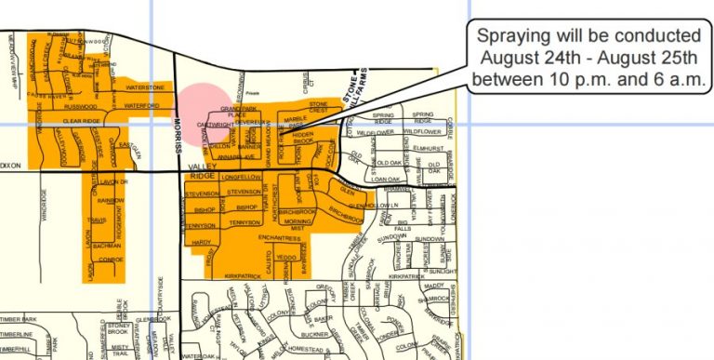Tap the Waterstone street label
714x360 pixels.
(x=144, y=87)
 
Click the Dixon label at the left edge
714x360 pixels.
(x=10, y=166)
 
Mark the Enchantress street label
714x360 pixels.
(x=280, y=238)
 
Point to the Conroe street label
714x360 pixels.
(x=111, y=260)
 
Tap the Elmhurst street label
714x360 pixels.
(x=429, y=148)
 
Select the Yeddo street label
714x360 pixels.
(x=285, y=256)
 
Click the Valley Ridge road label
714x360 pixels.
(x=202, y=169)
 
